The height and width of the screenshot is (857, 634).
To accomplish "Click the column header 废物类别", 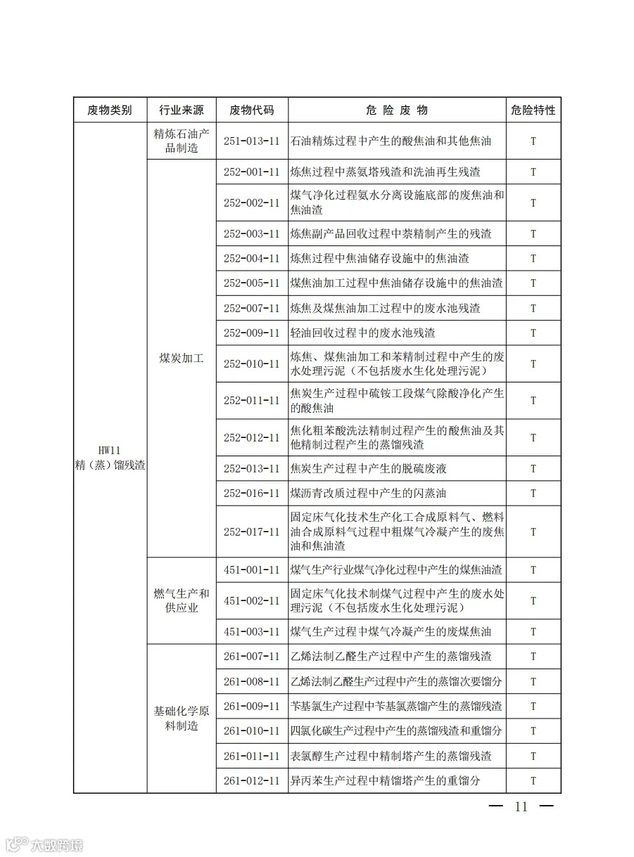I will pyautogui.click(x=109, y=110).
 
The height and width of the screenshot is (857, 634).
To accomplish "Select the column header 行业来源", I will pyautogui.click(x=182, y=110).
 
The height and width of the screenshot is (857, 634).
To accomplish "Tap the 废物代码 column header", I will pyautogui.click(x=251, y=110).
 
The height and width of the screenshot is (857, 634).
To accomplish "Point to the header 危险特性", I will pyautogui.click(x=533, y=110).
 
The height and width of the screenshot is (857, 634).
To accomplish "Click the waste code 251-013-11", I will pyautogui.click(x=251, y=141).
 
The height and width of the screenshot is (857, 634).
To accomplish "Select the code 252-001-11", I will pyautogui.click(x=251, y=172).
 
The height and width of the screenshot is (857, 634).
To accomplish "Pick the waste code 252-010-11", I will pyautogui.click(x=251, y=364).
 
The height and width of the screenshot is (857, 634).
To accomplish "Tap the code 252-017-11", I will pyautogui.click(x=251, y=532).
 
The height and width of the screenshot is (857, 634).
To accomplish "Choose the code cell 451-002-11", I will pyautogui.click(x=251, y=601).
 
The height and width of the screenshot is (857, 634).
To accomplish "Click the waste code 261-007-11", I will pyautogui.click(x=251, y=657).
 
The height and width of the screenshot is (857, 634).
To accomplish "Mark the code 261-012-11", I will pyautogui.click(x=251, y=781).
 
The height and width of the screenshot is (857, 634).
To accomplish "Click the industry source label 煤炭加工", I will pyautogui.click(x=182, y=358).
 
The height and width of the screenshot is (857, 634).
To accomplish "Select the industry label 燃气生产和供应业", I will pyautogui.click(x=182, y=601).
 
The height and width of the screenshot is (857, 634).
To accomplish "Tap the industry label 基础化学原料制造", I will pyautogui.click(x=182, y=719).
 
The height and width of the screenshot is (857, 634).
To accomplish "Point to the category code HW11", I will pyautogui.click(x=110, y=451).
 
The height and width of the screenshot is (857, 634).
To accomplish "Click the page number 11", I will pyautogui.click(x=521, y=807).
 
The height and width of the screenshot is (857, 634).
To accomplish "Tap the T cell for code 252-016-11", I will pyautogui.click(x=533, y=494).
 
